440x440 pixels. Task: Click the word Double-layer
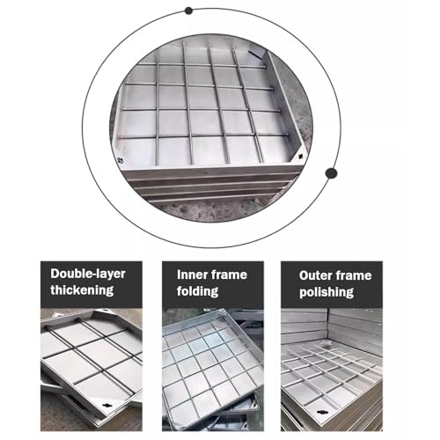pyautogui.click(x=88, y=274)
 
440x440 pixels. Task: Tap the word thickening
pyautogui.click(x=82, y=290)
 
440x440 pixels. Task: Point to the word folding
pyautogui.click(x=197, y=291)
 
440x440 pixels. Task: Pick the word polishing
pyautogui.click(x=326, y=292)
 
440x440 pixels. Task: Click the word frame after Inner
pyautogui.click(x=229, y=275)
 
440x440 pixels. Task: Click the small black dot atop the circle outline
pyautogui.click(x=188, y=11)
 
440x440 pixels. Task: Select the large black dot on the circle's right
pyautogui.click(x=331, y=173)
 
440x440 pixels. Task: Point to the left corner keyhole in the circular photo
pyautogui.click(x=120, y=160)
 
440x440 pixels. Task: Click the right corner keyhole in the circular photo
pyautogui.click(x=300, y=157)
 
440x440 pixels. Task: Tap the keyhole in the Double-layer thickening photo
pyautogui.click(x=105, y=405)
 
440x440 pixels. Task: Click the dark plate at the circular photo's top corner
pyautogui.click(x=257, y=53)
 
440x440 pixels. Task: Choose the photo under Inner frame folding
pyautogui.click(x=213, y=370)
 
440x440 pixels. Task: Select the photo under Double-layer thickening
pyautogui.click(x=92, y=370)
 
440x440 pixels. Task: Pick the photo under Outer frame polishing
pyautogui.click(x=332, y=370)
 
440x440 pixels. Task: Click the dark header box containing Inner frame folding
pyautogui.click(x=213, y=285)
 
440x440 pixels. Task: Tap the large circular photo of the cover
pyautogui.click(x=211, y=128)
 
